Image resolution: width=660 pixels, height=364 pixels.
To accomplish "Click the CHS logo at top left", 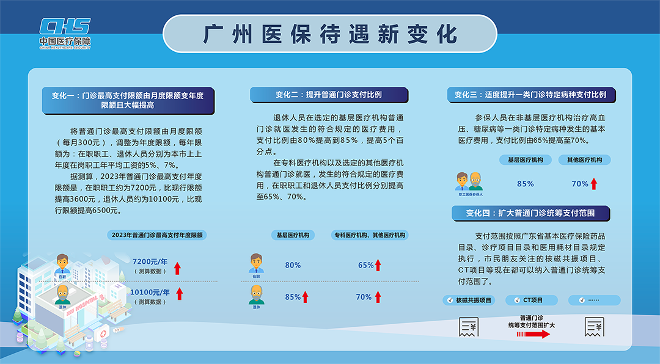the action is [65, 33].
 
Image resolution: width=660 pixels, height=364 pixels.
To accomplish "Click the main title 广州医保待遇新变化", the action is [330, 34].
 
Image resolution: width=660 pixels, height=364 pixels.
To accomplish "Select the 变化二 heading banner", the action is [329, 95].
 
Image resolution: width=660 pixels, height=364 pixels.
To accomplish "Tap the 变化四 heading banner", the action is [530, 213].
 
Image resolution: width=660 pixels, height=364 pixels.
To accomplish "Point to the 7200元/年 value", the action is [150, 262].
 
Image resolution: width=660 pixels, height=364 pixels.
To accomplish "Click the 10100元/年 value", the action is [150, 293].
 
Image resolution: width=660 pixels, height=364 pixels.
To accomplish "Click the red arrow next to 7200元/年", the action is [178, 268].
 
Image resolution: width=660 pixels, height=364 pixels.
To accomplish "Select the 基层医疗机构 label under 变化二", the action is [293, 235].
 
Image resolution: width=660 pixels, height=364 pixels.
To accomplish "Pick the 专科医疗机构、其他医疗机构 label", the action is [370, 235].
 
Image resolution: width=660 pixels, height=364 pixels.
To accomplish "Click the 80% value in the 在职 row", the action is [293, 265].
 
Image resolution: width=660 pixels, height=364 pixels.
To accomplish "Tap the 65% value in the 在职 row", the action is [366, 265].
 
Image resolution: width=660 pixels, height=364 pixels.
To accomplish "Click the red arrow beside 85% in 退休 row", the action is [305, 297].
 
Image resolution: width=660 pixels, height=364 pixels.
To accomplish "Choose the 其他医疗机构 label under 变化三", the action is [584, 160].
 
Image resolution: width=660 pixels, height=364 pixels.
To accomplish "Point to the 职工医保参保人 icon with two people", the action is [469, 184].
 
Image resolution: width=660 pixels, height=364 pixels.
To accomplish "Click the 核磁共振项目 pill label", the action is [469, 300].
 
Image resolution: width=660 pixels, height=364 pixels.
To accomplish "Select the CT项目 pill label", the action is [532, 300].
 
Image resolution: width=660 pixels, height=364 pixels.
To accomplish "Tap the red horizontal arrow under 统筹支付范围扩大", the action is [533, 334].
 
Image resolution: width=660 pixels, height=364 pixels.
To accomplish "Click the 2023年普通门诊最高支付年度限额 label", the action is [156, 235].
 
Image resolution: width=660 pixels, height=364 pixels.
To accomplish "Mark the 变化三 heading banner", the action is [531, 95].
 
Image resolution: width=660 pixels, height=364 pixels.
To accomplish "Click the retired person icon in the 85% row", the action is [256, 296].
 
